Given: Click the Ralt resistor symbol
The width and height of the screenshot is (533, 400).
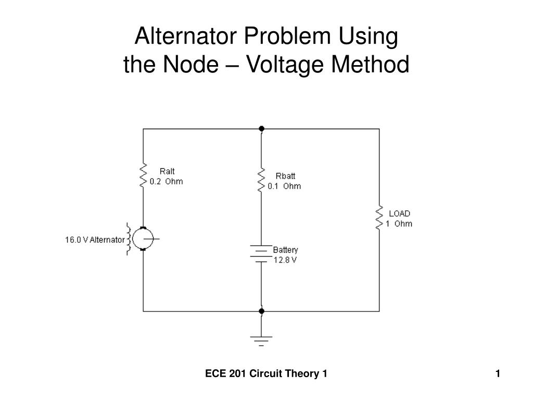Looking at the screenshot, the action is pos(143,175).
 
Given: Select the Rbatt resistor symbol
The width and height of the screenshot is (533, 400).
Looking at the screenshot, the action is pos(261,180).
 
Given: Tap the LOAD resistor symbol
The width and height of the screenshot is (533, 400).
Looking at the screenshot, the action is pos(379,218).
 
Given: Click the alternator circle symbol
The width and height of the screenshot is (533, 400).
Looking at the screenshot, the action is pos(143,239).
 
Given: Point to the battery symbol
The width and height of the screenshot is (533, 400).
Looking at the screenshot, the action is pos(261,254).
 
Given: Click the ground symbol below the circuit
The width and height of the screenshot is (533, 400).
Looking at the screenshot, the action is pos(261,341).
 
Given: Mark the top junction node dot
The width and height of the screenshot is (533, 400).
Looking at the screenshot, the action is pos(261,129).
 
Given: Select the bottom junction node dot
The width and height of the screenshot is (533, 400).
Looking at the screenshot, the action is pos(261,311).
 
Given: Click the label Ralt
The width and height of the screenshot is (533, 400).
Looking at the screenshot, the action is pos(167,171).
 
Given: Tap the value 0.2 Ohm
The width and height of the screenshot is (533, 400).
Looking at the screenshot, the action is pos(166,182).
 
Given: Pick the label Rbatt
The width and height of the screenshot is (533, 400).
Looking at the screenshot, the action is pos(285,176).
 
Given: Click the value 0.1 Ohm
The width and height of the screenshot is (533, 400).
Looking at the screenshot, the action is pos(284,186).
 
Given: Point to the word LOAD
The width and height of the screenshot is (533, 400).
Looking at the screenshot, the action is pos(399,214).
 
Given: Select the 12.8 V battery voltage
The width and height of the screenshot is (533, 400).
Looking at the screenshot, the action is pos(285,260).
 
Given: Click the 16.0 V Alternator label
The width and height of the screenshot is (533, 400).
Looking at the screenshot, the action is pos(95,240).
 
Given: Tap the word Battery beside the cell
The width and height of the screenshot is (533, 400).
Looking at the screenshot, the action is pos(285,250).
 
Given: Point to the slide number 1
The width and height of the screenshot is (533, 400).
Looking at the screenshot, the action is pos(498,373).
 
